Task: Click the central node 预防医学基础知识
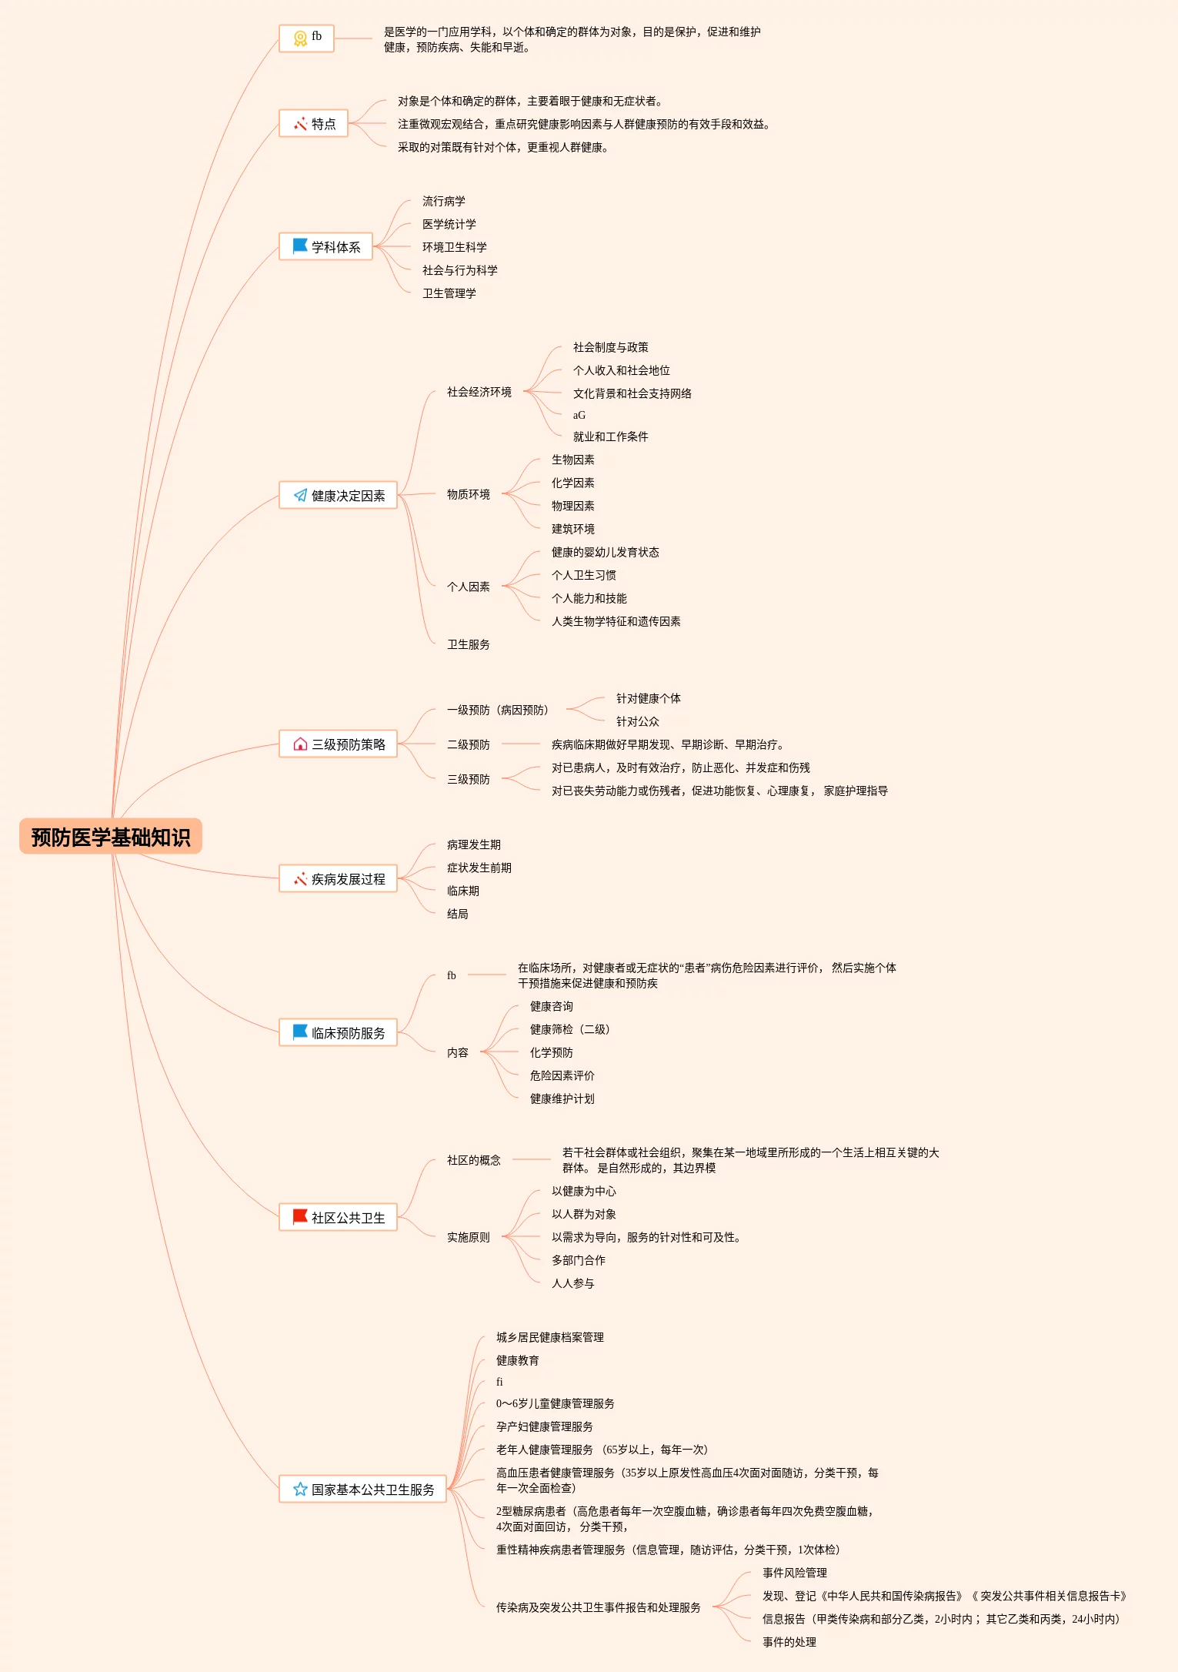[x=111, y=837]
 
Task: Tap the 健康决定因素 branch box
[x=338, y=496]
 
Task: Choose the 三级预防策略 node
[x=338, y=744]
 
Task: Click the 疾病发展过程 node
[x=338, y=879]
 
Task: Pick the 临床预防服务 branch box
[x=338, y=1033]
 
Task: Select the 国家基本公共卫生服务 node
[x=362, y=1490]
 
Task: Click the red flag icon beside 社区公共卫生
[x=300, y=1217]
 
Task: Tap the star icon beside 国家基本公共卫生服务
[x=300, y=1490]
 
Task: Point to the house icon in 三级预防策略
[x=300, y=744]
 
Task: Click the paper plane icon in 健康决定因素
[x=300, y=496]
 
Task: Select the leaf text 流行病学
[x=444, y=202]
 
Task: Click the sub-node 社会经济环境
[x=479, y=393]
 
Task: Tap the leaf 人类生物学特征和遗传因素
[x=616, y=622]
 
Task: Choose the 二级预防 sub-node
[x=468, y=745]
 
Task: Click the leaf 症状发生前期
[x=479, y=868]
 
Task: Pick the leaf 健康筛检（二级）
[x=569, y=1030]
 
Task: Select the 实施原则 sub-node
[x=468, y=1238]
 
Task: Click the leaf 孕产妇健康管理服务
[x=544, y=1427]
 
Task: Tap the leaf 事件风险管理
[x=794, y=1573]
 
